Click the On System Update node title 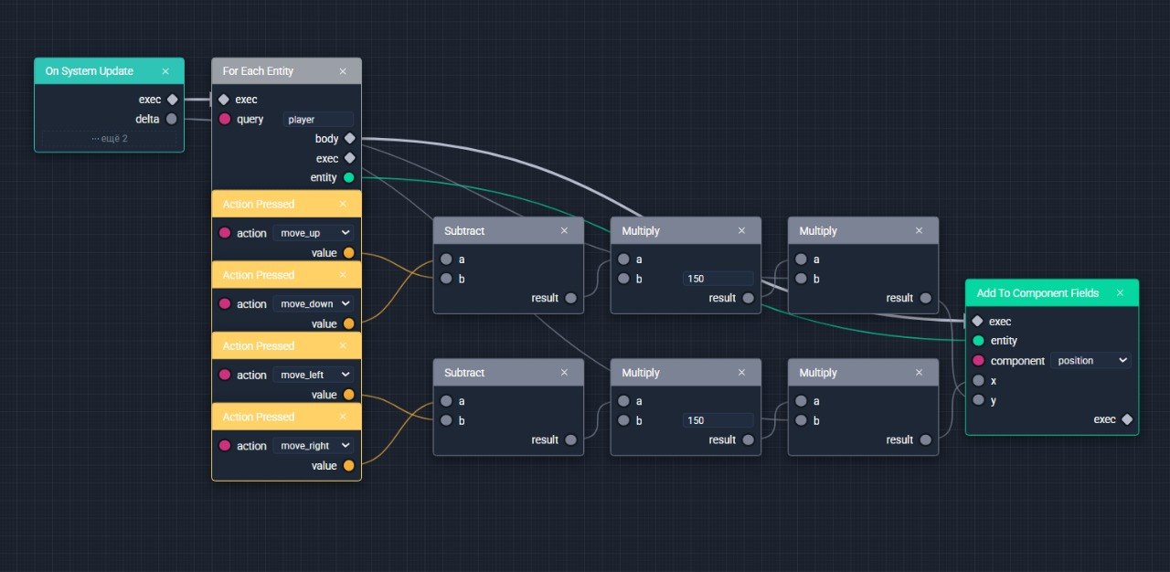tap(90, 71)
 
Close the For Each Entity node tap(343, 71)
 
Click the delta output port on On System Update tap(171, 119)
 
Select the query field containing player tap(317, 120)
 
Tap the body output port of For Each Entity tap(350, 138)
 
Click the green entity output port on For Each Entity tap(349, 177)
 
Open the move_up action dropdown tap(314, 233)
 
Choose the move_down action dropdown tap(314, 303)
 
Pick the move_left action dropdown tap(314, 375)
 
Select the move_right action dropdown tap(314, 446)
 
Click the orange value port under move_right tap(349, 465)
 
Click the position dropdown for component tap(1091, 361)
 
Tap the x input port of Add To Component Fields tap(978, 380)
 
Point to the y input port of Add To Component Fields tap(978, 400)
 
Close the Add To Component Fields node tap(1120, 292)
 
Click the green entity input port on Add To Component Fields tap(978, 341)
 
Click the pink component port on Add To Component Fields tap(978, 361)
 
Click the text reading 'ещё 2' tap(114, 138)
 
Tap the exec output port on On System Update tap(173, 100)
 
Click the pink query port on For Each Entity tap(225, 119)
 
